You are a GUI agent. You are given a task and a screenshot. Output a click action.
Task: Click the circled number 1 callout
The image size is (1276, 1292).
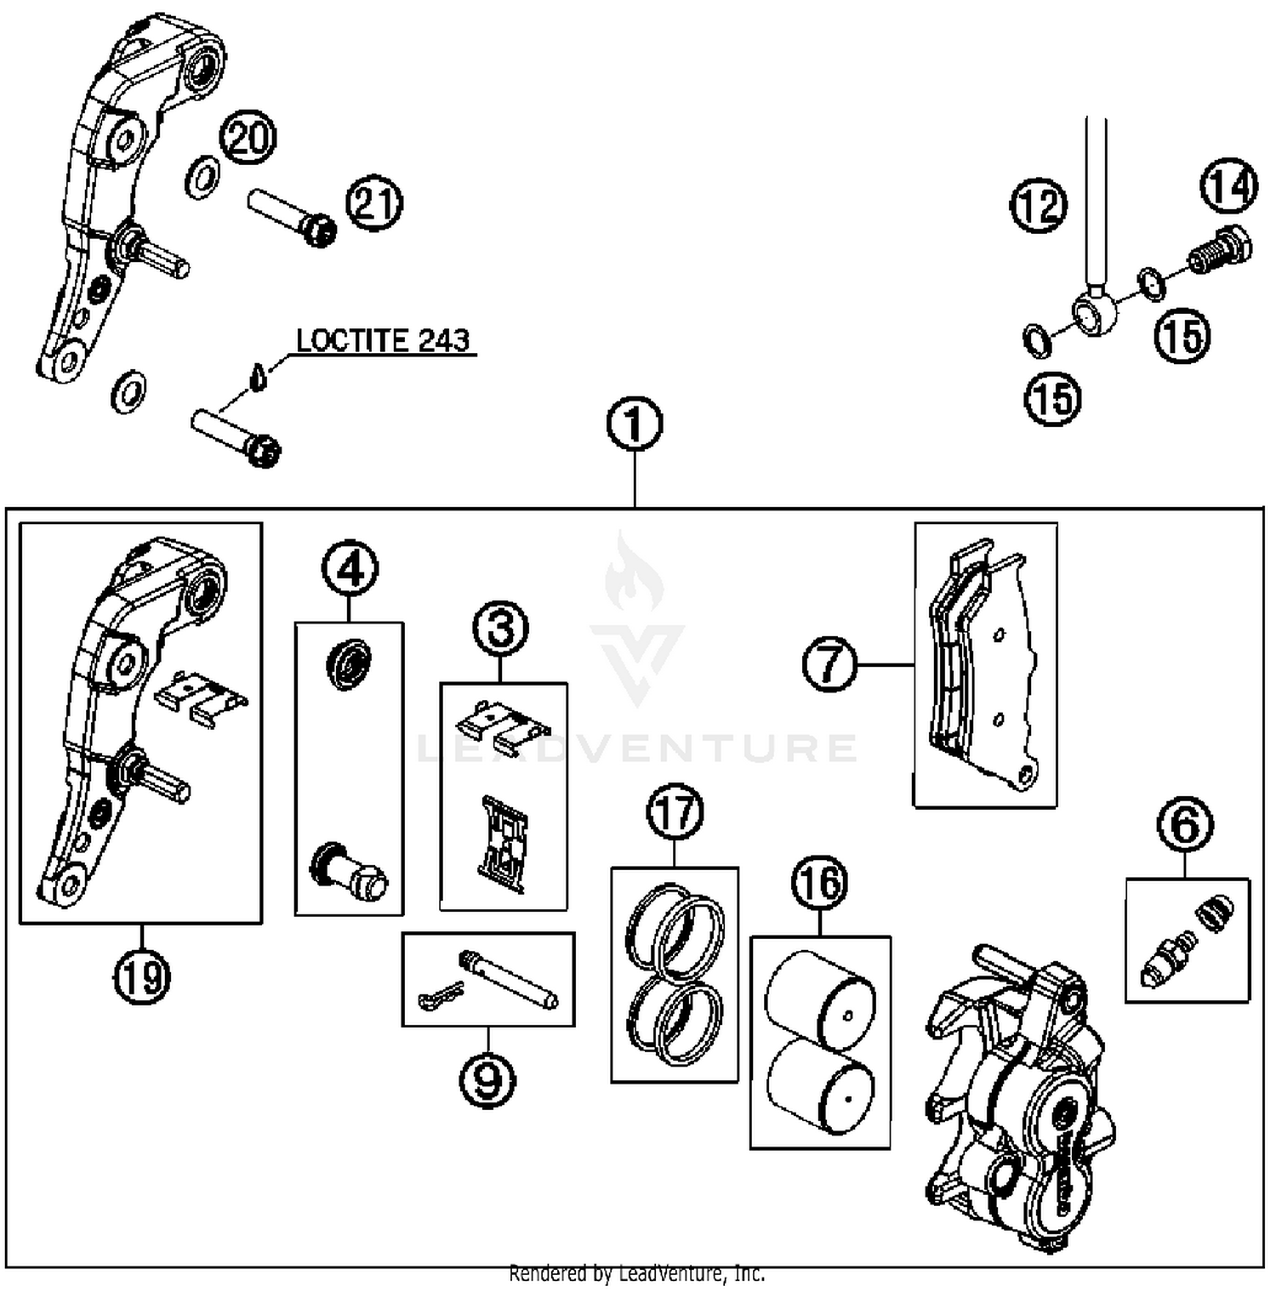(x=635, y=424)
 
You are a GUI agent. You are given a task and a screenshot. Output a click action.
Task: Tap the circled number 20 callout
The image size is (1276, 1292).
(x=248, y=137)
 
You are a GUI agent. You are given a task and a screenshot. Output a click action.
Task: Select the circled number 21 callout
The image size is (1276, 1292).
(x=374, y=204)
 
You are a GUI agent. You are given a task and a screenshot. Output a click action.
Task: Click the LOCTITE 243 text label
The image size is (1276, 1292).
(x=383, y=341)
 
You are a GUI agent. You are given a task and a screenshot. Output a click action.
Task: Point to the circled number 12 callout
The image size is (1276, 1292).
(x=1039, y=206)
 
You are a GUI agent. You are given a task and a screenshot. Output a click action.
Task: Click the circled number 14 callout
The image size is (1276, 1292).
(x=1228, y=186)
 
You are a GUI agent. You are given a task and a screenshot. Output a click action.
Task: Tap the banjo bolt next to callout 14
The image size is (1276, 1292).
(x=1218, y=248)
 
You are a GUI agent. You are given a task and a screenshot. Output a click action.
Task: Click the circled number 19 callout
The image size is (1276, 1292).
(x=142, y=976)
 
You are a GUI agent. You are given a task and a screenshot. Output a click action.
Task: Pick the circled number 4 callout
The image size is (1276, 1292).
(x=350, y=569)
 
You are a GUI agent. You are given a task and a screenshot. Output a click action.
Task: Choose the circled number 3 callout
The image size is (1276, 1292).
(x=501, y=629)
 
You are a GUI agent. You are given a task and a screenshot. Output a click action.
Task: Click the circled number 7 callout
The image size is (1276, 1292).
(x=830, y=664)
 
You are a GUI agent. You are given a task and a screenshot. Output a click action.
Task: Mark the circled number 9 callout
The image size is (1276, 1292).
(x=487, y=1080)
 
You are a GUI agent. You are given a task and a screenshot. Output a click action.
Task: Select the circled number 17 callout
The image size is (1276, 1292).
(x=675, y=812)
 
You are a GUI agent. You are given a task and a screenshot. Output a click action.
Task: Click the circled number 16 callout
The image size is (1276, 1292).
(x=820, y=883)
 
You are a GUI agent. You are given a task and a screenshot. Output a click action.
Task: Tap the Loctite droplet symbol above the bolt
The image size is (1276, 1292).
(x=259, y=376)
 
